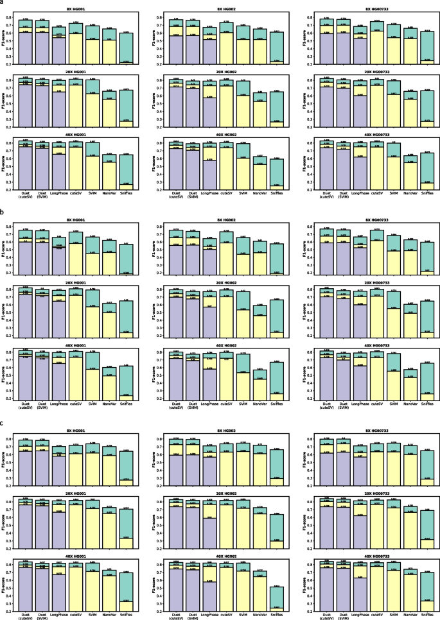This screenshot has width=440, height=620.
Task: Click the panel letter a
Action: [x=3, y=4]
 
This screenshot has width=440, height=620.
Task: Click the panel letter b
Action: [x=3, y=209]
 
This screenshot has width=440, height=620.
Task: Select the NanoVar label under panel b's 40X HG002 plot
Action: [x=260, y=402]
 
